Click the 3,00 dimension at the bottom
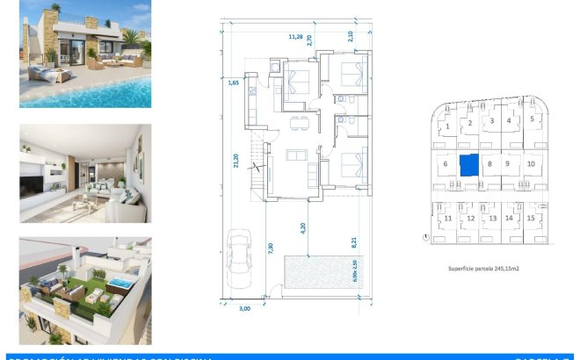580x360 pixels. coord(245,308)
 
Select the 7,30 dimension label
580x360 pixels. coord(271,248)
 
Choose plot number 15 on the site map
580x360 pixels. coord(532,218)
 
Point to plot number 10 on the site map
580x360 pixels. coord(531,163)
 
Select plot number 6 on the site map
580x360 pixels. coord(446,163)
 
